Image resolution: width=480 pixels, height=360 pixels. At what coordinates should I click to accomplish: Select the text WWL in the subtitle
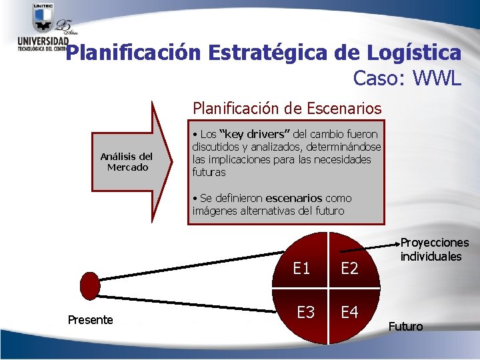(x=437, y=78)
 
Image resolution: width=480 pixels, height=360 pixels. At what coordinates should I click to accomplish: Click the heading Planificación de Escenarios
(x=287, y=107)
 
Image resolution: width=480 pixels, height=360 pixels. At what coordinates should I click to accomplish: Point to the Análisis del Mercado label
(x=127, y=162)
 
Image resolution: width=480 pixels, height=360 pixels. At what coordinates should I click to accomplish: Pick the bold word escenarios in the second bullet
(x=293, y=198)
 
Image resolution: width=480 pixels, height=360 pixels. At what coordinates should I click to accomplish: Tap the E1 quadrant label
(x=302, y=268)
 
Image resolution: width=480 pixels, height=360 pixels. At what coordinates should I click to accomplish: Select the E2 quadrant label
(x=349, y=268)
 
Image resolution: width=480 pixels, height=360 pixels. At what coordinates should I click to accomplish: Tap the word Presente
(x=91, y=320)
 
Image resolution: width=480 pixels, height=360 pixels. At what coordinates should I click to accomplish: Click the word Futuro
(x=405, y=326)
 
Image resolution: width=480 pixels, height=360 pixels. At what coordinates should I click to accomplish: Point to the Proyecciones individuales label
(x=434, y=249)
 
